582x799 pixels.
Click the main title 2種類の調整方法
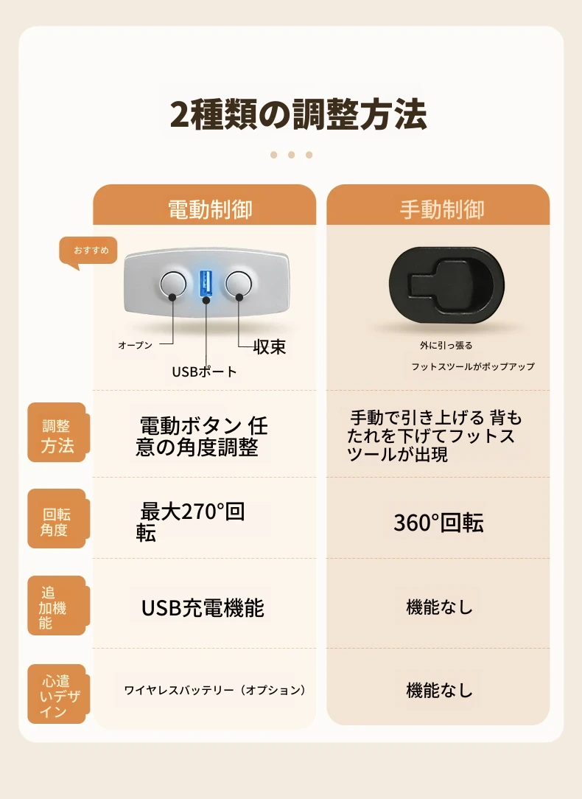point(298,114)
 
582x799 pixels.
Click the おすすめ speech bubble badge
point(88,251)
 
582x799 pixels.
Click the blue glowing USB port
point(206,283)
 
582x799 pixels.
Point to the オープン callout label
point(136,345)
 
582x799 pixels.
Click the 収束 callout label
point(270,346)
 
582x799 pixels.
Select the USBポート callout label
point(204,371)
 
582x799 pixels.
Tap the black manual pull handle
point(446,285)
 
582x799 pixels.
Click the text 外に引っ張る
point(446,346)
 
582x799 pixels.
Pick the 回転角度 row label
point(57,519)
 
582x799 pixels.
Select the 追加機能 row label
point(57,606)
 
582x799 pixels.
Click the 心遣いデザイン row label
point(57,694)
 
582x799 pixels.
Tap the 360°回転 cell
point(438,523)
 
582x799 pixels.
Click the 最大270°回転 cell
point(190,522)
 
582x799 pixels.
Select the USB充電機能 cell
point(203,608)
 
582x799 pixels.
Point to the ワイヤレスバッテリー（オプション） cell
point(215,690)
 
